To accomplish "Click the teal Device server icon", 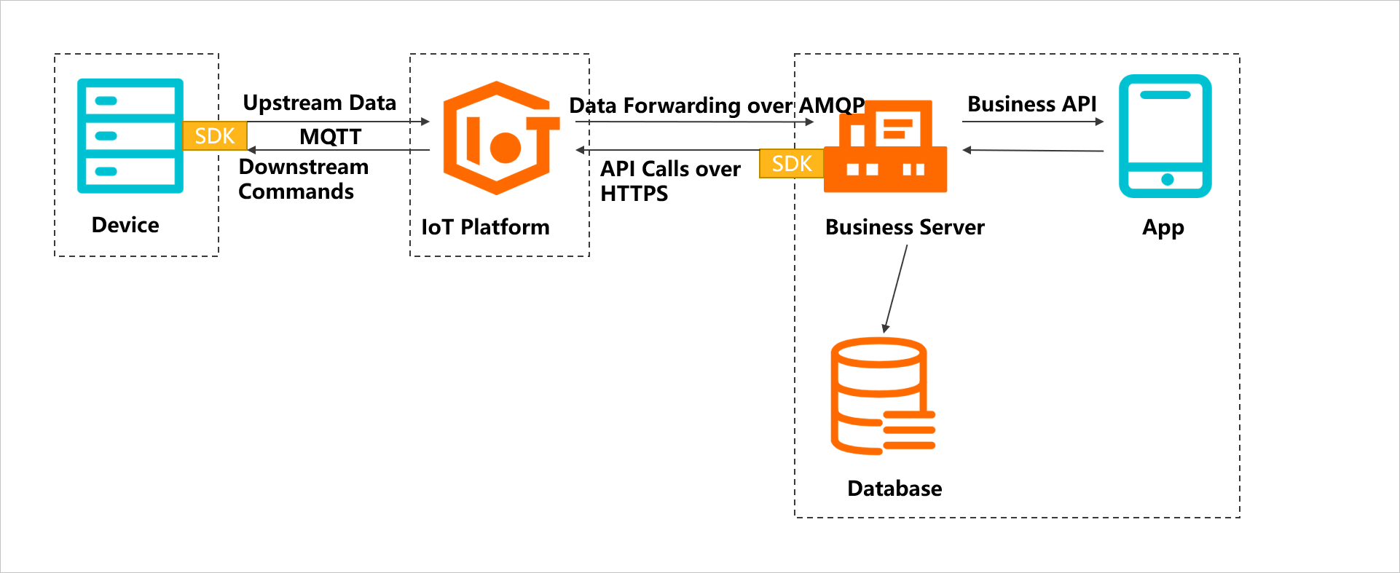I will pyautogui.click(x=130, y=136).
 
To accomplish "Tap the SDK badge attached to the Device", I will pyautogui.click(x=215, y=136).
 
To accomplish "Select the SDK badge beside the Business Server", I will pyautogui.click(x=792, y=163).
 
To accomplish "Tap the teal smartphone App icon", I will pyautogui.click(x=1165, y=136).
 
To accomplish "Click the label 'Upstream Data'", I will pyautogui.click(x=319, y=103).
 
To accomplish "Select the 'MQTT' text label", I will pyautogui.click(x=330, y=136).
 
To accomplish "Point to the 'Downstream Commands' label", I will pyautogui.click(x=303, y=179).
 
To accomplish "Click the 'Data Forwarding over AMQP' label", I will pyautogui.click(x=717, y=106).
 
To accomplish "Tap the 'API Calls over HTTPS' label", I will pyautogui.click(x=669, y=181).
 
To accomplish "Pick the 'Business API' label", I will pyautogui.click(x=1031, y=104).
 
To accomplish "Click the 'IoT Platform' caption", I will pyautogui.click(x=485, y=227).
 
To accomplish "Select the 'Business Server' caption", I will pyautogui.click(x=905, y=227).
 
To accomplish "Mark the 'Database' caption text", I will pyautogui.click(x=894, y=489).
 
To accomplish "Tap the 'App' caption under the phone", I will pyautogui.click(x=1163, y=228).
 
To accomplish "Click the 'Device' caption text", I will pyautogui.click(x=125, y=225).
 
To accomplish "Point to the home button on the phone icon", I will pyautogui.click(x=1167, y=180).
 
